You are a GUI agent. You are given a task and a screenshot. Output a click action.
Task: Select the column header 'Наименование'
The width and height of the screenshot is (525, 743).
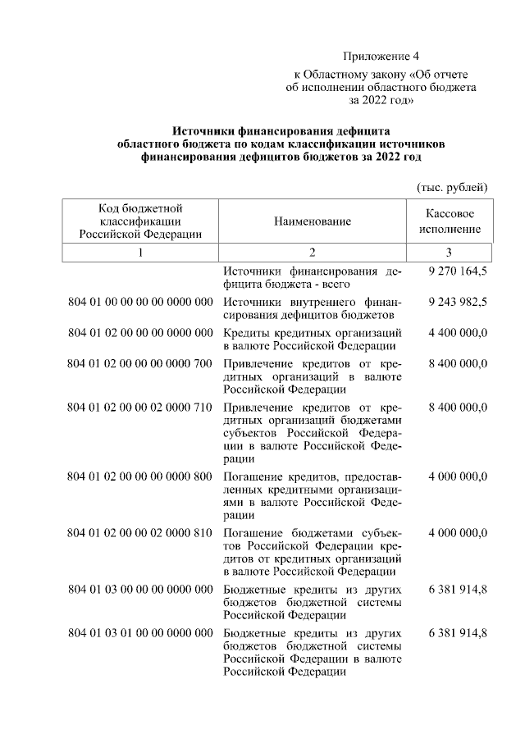pos(312,221)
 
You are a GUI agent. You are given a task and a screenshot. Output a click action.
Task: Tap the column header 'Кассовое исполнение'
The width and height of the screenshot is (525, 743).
pos(449,221)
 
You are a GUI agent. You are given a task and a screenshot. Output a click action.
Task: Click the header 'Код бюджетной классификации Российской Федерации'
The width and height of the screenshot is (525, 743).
pos(140,221)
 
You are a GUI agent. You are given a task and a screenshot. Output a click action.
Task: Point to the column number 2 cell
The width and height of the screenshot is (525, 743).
pos(312,252)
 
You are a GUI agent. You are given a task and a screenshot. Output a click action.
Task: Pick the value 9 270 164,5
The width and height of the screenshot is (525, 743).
pos(458,271)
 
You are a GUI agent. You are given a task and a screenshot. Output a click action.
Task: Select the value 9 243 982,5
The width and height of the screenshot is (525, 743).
pos(458,302)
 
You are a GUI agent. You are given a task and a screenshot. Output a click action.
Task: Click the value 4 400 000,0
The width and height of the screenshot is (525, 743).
pos(458,333)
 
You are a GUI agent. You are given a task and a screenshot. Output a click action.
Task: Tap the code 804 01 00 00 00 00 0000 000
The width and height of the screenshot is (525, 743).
pos(140,302)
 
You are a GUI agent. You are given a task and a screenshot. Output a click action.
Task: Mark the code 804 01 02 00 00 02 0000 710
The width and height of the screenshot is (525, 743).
pos(140,408)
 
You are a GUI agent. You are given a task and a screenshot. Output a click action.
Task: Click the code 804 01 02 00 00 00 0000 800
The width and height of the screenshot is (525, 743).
pos(140,476)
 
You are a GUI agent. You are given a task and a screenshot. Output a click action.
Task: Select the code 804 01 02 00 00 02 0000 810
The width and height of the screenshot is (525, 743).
pos(140,533)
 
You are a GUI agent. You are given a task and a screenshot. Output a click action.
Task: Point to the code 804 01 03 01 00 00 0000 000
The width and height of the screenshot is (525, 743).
pos(140,634)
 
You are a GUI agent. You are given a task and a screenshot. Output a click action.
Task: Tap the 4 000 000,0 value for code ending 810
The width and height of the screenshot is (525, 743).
pos(458,533)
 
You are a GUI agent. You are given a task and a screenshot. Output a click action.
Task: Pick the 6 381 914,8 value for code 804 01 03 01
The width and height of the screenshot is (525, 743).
pos(458,634)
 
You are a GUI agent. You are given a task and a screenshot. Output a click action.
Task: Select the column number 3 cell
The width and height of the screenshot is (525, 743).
pos(449,252)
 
